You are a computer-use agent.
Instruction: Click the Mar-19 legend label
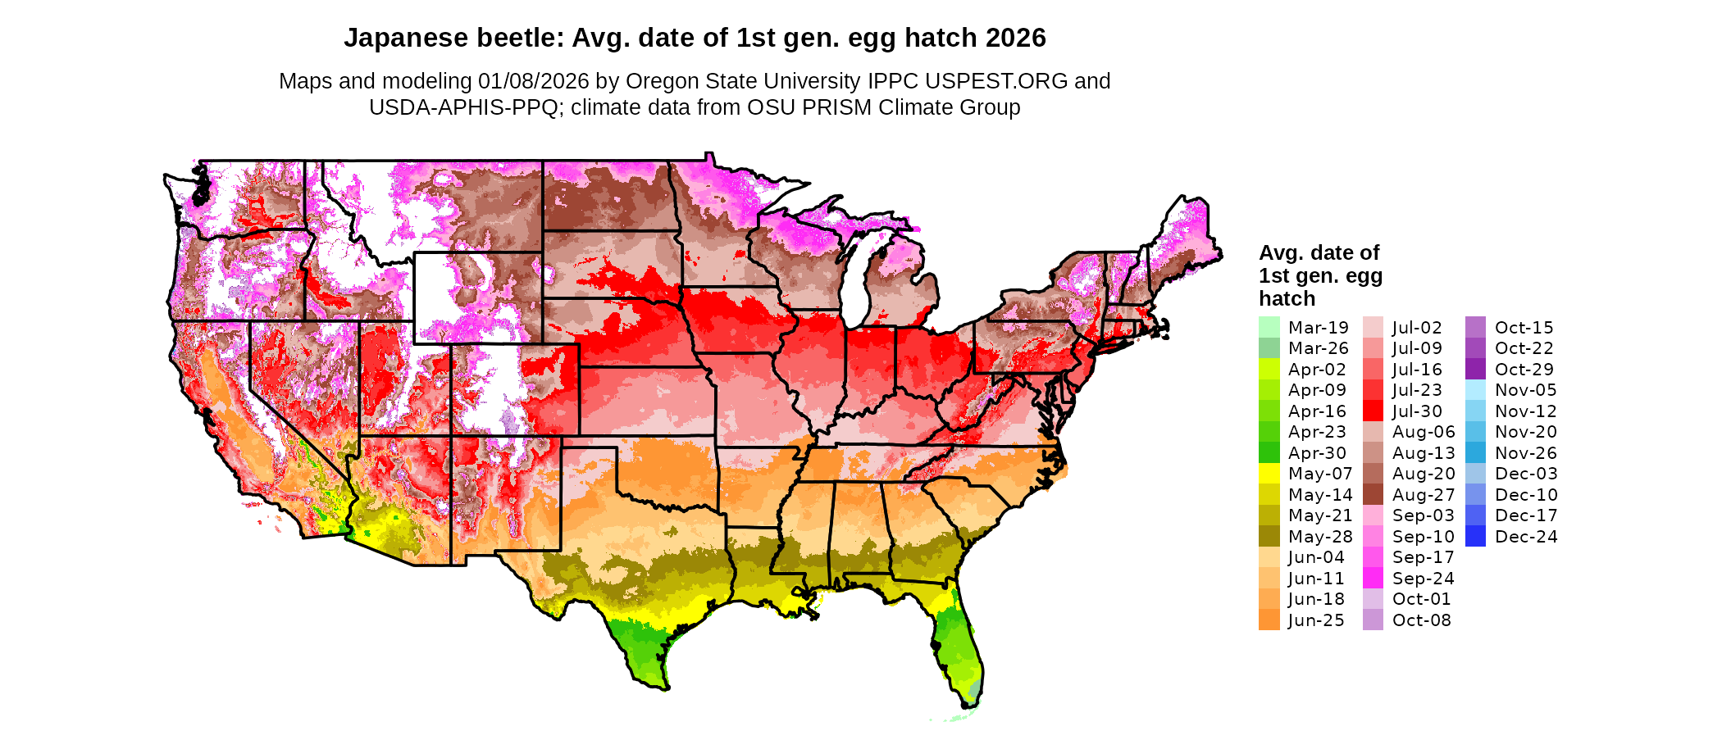point(1318,328)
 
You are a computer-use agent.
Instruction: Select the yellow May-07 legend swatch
point(1269,474)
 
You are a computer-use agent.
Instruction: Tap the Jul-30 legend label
point(1417,411)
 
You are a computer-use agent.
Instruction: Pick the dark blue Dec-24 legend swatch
point(1475,537)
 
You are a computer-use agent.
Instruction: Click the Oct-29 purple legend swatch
point(1475,370)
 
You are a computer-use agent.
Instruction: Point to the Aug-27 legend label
point(1424,495)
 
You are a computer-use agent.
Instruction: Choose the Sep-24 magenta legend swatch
point(1373,579)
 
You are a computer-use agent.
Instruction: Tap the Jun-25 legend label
point(1316,620)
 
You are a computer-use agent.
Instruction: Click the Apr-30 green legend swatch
point(1269,453)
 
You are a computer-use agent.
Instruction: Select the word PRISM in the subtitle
point(840,107)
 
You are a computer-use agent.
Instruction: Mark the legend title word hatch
point(1287,299)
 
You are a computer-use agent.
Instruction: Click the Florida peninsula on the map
point(959,647)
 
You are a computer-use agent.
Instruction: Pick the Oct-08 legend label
point(1421,620)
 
